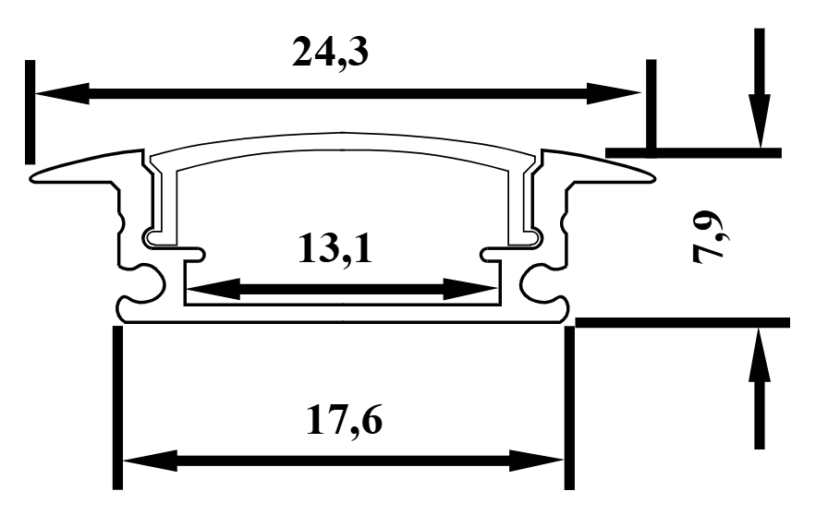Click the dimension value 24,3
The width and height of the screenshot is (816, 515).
331,53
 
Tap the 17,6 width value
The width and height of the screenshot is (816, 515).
344,422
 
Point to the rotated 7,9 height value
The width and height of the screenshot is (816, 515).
712,239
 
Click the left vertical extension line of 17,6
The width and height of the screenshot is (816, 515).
117,406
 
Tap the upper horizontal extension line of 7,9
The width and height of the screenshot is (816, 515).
693,151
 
